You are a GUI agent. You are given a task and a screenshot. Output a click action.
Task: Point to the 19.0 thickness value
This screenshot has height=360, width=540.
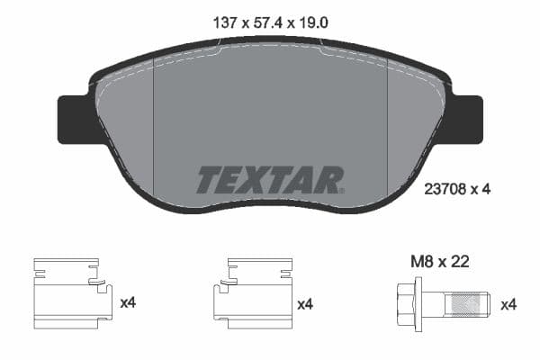[x=315, y=22]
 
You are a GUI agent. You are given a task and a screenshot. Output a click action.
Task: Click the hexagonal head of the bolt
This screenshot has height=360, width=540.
[x=404, y=304]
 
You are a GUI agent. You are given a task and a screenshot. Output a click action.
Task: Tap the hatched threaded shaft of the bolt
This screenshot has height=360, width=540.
[x=467, y=304]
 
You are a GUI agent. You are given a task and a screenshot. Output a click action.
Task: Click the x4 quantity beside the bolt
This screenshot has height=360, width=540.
[x=509, y=304]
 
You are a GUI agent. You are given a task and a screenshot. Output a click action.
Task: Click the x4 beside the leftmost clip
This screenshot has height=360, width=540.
[x=129, y=304]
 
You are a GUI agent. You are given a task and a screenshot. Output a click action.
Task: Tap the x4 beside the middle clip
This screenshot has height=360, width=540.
[x=305, y=304]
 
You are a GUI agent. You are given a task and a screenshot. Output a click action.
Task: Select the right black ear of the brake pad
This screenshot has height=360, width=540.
[x=465, y=120]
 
